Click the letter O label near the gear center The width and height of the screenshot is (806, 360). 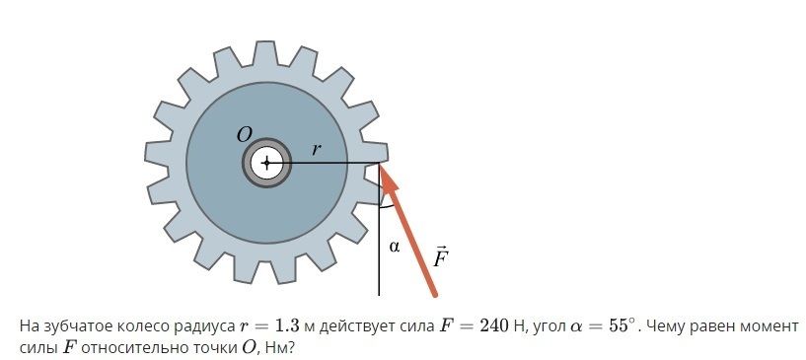point(245,135)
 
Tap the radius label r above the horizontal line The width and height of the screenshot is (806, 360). point(317,150)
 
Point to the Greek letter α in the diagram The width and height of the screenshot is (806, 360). point(395,247)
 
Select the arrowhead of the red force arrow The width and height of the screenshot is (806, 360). point(389,180)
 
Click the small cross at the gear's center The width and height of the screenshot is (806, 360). point(266,164)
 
